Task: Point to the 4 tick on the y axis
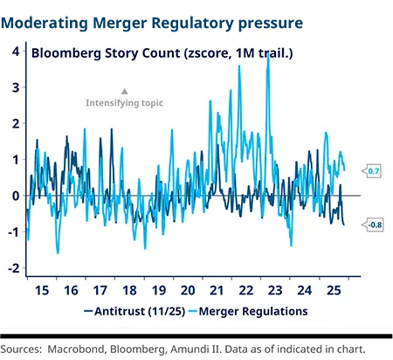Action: [x=15, y=52]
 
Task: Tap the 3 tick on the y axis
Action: [x=15, y=87]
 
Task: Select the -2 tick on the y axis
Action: [x=13, y=268]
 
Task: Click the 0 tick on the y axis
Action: [x=15, y=196]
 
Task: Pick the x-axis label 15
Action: [x=40, y=289]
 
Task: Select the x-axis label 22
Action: [x=246, y=289]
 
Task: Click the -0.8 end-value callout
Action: [x=372, y=225]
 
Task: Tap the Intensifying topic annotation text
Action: [x=124, y=103]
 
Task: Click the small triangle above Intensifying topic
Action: [x=124, y=91]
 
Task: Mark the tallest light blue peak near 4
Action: [x=268, y=57]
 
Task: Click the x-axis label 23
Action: [x=276, y=289]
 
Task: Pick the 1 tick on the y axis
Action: [x=15, y=160]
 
